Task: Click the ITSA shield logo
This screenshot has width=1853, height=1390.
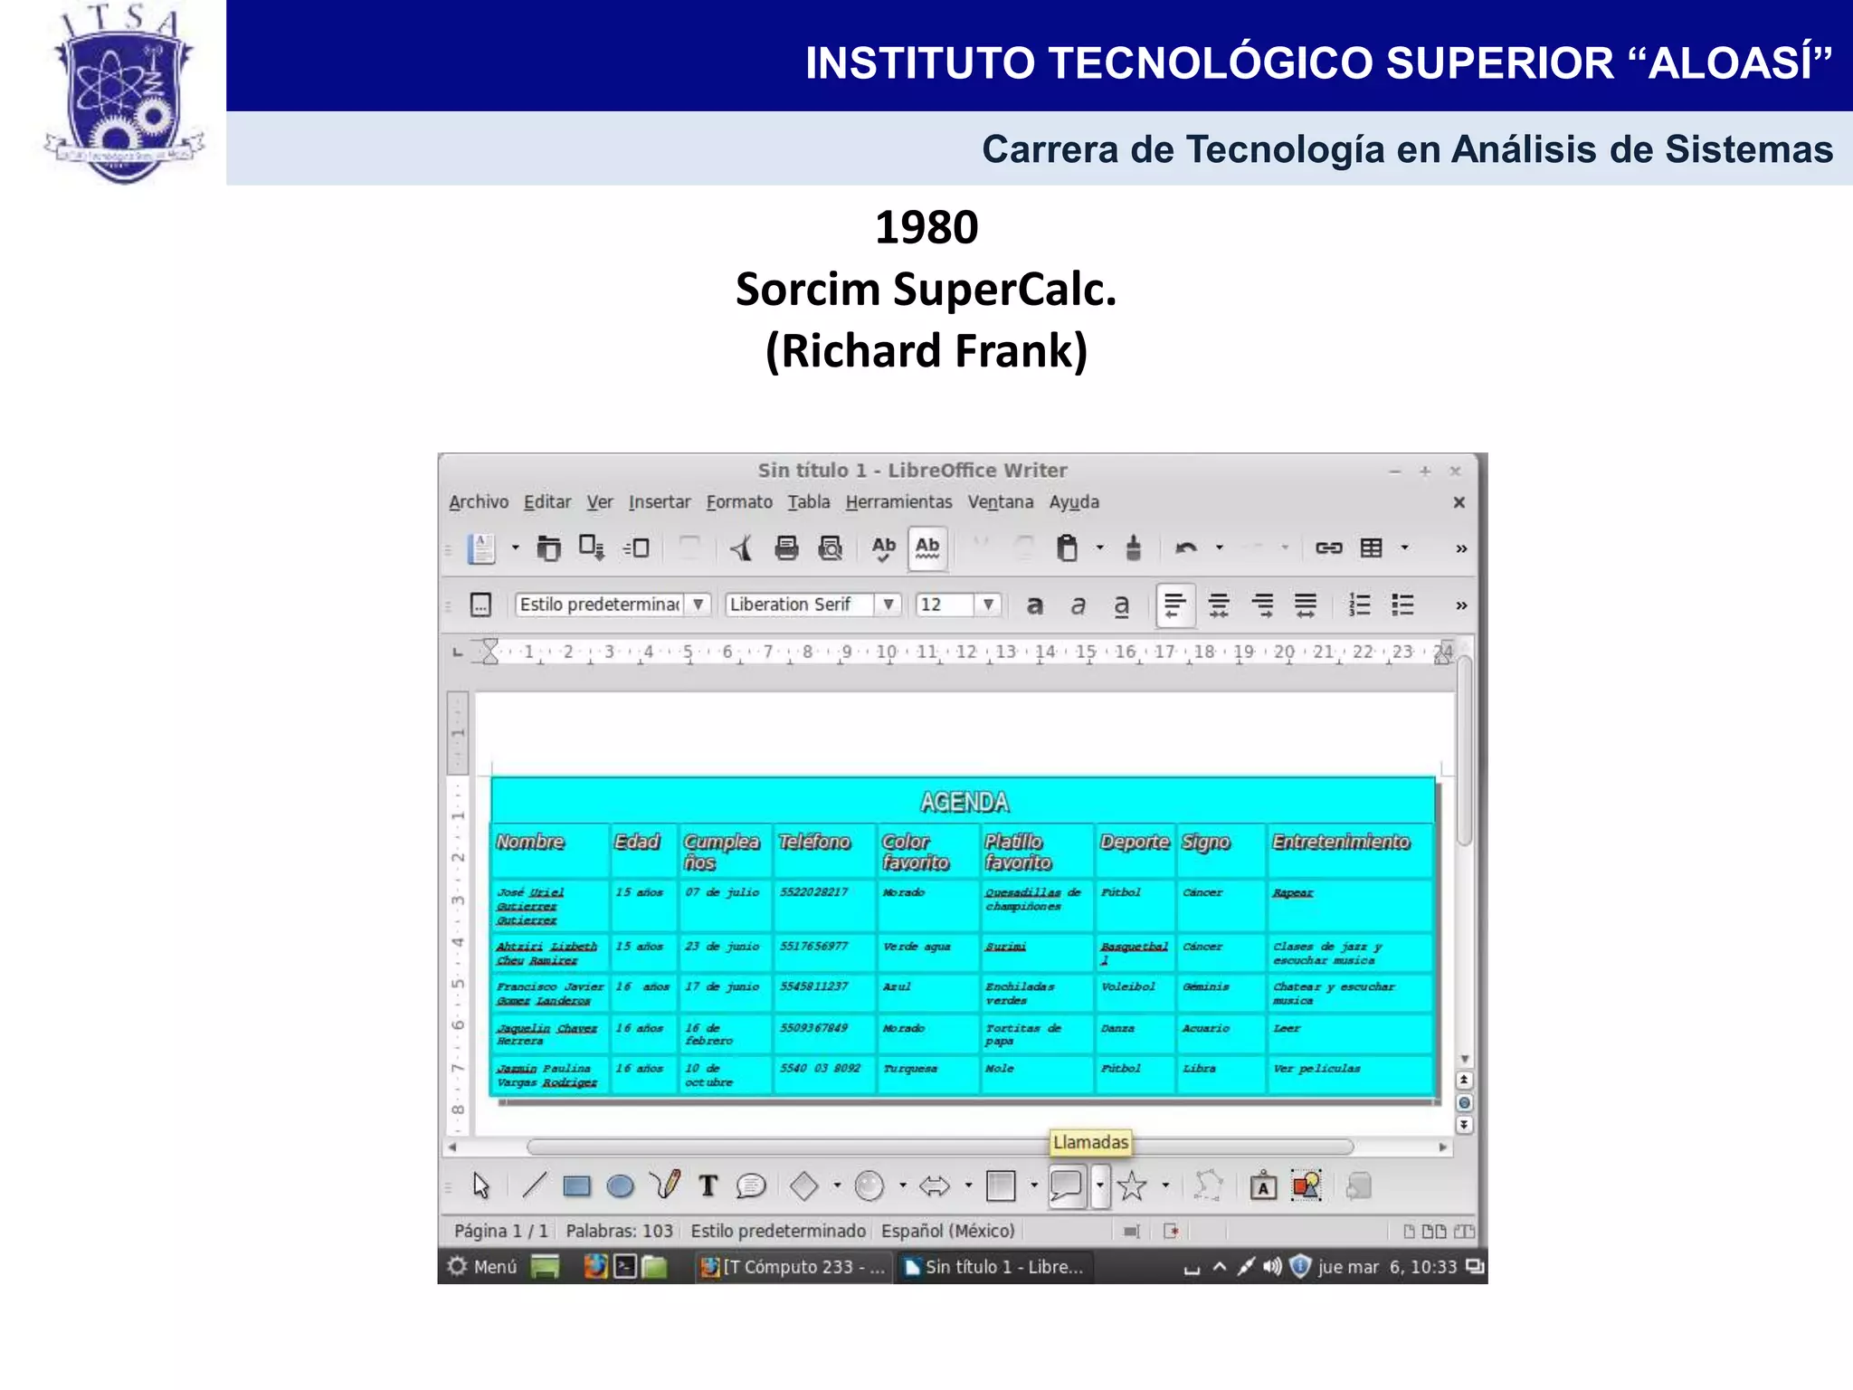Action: click(x=124, y=95)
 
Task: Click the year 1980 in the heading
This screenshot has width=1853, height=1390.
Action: click(x=926, y=227)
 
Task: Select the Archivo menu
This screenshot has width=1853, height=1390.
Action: click(x=479, y=502)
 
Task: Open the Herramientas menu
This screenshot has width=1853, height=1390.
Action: click(x=898, y=502)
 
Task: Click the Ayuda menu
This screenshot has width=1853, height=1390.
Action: click(x=1074, y=502)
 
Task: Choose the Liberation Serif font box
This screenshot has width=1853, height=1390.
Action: click(x=800, y=605)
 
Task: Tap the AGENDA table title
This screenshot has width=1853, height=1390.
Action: click(x=964, y=803)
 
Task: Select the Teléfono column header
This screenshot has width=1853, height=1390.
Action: click(x=814, y=843)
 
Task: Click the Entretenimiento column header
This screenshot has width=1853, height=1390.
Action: click(x=1341, y=843)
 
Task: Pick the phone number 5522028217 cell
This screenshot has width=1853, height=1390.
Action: click(x=813, y=892)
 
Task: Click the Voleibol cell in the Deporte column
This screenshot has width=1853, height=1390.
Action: click(x=1127, y=987)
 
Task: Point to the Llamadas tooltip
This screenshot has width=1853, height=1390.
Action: click(x=1090, y=1143)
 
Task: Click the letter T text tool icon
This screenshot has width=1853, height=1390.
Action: click(x=708, y=1186)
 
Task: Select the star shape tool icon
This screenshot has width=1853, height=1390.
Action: click(x=1132, y=1186)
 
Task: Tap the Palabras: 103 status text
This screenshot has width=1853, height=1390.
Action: click(x=619, y=1232)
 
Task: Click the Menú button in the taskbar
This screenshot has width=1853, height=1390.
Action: click(x=484, y=1267)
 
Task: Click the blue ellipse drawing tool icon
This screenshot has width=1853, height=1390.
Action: click(x=620, y=1186)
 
